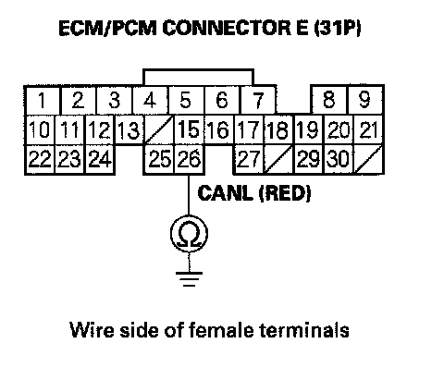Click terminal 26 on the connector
[190, 159]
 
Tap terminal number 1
[42, 100]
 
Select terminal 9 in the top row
[365, 100]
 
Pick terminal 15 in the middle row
[189, 129]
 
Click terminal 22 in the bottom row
[40, 159]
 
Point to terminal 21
[368, 129]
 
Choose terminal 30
[339, 159]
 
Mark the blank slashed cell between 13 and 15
[159, 129]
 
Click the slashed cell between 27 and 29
[278, 159]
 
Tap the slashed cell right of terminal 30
[369, 159]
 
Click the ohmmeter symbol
[189, 234]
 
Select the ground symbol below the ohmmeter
[189, 279]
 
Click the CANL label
[224, 193]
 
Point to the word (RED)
[285, 193]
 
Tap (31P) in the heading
[338, 28]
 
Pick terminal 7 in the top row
[258, 100]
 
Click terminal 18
[279, 129]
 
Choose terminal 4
[150, 100]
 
